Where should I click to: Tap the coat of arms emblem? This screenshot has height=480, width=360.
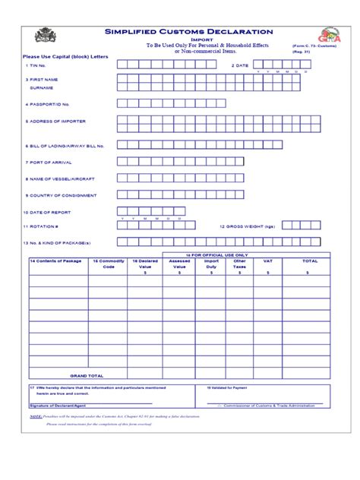(43, 36)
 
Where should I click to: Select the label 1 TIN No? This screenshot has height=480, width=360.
(36, 66)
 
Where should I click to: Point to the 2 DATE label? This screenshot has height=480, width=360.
(239, 66)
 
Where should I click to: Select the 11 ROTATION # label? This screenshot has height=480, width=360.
(41, 226)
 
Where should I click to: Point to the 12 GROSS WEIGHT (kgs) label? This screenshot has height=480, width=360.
(247, 226)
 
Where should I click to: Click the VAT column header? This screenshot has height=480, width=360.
(267, 261)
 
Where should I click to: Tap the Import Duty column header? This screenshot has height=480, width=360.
(212, 264)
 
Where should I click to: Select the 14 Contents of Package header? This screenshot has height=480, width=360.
(55, 261)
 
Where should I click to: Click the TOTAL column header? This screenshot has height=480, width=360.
(310, 261)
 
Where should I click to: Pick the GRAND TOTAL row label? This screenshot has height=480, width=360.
(87, 375)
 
